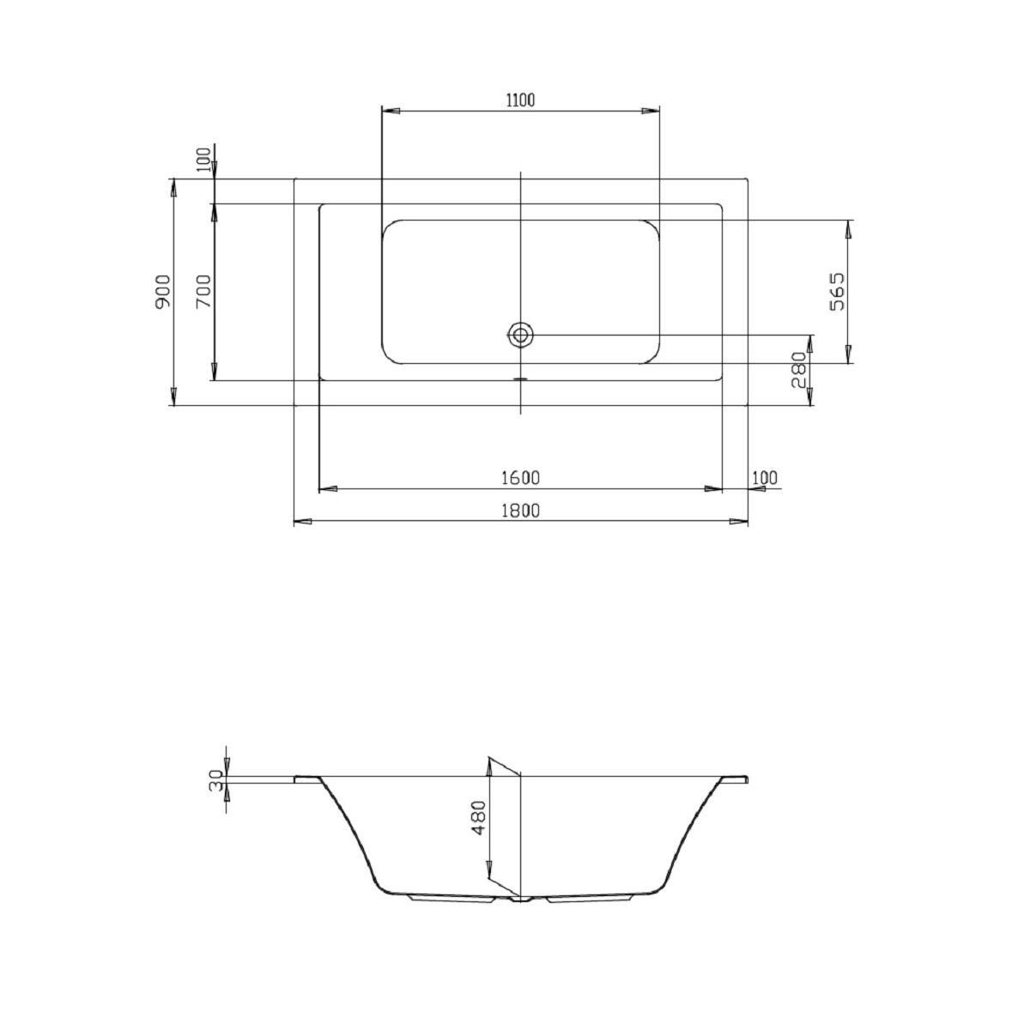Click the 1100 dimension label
tap(520, 100)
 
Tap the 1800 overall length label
tap(520, 511)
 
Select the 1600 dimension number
tap(520, 477)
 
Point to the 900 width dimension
tap(162, 291)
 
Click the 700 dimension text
tap(203, 291)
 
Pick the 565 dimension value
tap(837, 292)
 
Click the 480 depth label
tap(478, 817)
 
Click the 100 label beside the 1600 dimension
tap(765, 477)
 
